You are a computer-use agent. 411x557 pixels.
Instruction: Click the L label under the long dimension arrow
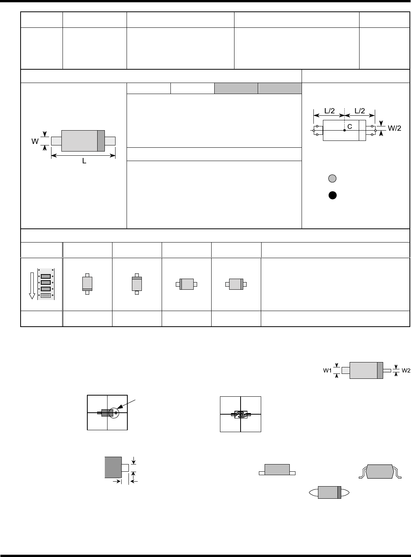tap(84, 161)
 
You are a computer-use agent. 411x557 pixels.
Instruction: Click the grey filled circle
tap(332, 178)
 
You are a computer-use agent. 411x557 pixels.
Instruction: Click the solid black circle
tap(332, 195)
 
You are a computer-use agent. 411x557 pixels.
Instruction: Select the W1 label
tap(327, 370)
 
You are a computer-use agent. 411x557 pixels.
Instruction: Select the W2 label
tap(406, 370)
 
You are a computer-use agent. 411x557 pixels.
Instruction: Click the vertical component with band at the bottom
tap(87, 284)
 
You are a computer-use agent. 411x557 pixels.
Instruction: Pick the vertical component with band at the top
tap(136, 284)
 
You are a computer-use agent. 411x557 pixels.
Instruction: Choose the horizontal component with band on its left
tap(186, 284)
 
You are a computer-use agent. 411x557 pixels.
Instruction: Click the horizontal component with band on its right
tap(236, 284)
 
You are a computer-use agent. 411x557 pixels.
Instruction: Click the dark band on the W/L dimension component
tap(101, 141)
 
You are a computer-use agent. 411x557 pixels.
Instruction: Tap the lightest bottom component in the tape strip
tap(45, 295)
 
